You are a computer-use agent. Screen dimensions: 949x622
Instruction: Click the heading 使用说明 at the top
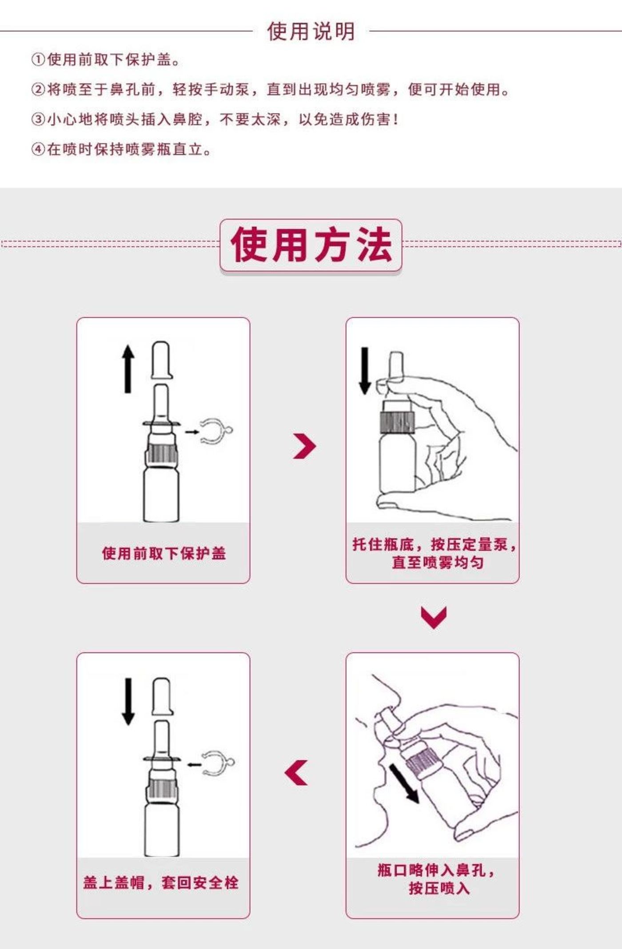(311, 32)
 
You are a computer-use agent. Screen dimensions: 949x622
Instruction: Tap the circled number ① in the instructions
(38, 60)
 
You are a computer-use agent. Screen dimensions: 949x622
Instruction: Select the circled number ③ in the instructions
(38, 119)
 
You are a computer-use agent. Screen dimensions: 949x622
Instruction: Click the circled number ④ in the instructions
(38, 149)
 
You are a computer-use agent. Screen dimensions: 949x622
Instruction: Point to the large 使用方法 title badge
(311, 245)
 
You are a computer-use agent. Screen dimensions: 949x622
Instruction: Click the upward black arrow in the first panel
(128, 369)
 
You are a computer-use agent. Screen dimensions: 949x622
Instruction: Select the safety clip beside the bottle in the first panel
(216, 431)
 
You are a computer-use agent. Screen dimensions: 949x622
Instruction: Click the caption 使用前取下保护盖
(163, 553)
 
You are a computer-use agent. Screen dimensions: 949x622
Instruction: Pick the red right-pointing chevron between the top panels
(305, 446)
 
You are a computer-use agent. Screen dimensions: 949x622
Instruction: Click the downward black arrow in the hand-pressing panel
(365, 371)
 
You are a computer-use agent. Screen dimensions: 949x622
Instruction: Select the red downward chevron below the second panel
(433, 617)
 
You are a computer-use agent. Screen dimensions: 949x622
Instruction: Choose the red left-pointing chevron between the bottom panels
(296, 773)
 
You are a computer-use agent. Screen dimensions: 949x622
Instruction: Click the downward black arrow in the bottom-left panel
(128, 702)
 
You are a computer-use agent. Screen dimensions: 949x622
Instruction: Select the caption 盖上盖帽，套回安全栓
(161, 882)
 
